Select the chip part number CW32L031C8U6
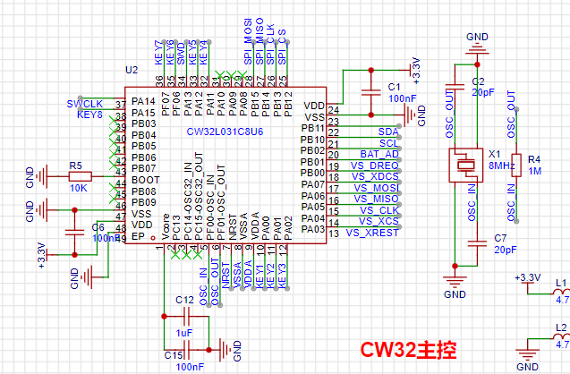pyautogui.click(x=225, y=132)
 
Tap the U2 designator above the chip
pyautogui.click(x=132, y=70)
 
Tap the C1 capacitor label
pyautogui.click(x=394, y=86)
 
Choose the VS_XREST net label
pyautogui.click(x=371, y=234)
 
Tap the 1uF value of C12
pyautogui.click(x=184, y=333)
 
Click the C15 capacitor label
pyautogui.click(x=174, y=354)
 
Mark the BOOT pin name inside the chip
pyautogui.click(x=144, y=180)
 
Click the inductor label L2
pyautogui.click(x=561, y=328)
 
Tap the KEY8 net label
pyautogui.click(x=89, y=115)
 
